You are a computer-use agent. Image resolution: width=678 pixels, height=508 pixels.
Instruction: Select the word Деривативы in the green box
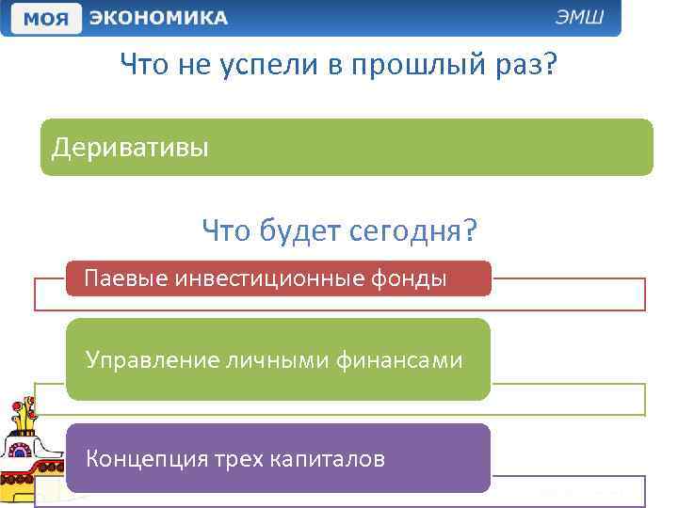coord(130,148)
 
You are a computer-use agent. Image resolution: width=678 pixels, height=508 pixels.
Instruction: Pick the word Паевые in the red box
coord(117,278)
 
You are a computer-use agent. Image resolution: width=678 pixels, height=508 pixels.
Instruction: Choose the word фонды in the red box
coord(416,278)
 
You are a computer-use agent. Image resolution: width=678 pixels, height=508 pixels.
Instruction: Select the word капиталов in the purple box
coord(328,459)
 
